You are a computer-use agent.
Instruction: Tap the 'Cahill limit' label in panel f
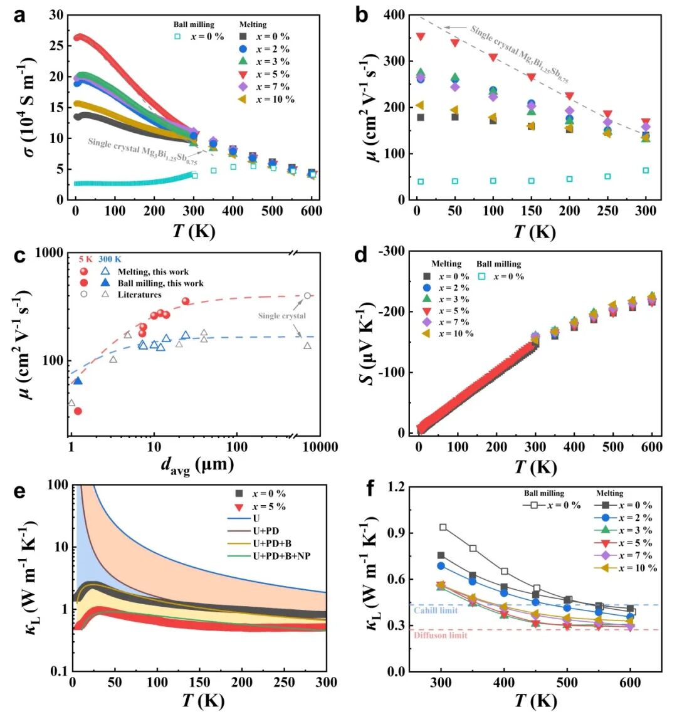point(436,610)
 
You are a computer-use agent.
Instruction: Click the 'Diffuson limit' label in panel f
point(440,636)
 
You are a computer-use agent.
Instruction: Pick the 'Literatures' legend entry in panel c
point(140,295)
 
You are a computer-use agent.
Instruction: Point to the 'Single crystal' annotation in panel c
point(282,316)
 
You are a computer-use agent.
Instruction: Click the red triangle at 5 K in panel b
point(421,37)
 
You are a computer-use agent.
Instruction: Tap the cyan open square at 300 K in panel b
point(646,170)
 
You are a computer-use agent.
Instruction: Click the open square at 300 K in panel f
point(443,527)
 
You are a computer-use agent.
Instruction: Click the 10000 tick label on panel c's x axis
point(318,448)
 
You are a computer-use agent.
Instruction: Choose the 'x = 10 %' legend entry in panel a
point(275,99)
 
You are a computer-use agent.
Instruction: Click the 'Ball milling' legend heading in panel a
point(194,24)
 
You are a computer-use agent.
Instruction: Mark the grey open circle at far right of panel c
point(307,296)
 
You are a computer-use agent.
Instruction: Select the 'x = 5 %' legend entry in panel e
point(268,506)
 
